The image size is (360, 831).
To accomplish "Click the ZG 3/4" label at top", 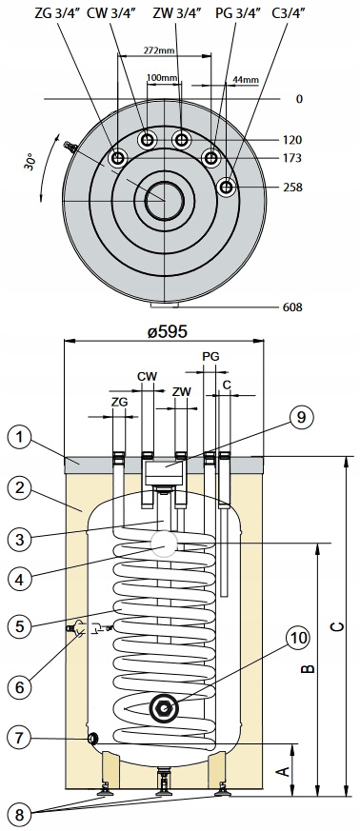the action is click(x=57, y=13).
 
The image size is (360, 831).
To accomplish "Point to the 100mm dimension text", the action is click(x=162, y=78).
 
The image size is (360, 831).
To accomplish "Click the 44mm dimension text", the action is click(x=246, y=80).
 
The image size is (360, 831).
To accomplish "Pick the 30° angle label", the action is click(x=30, y=161).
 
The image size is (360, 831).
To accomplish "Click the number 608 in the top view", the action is click(x=292, y=307).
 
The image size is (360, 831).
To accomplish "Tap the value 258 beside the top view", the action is click(x=292, y=188).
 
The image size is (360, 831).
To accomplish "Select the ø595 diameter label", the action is click(x=167, y=332).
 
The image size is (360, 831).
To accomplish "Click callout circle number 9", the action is click(x=301, y=418).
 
